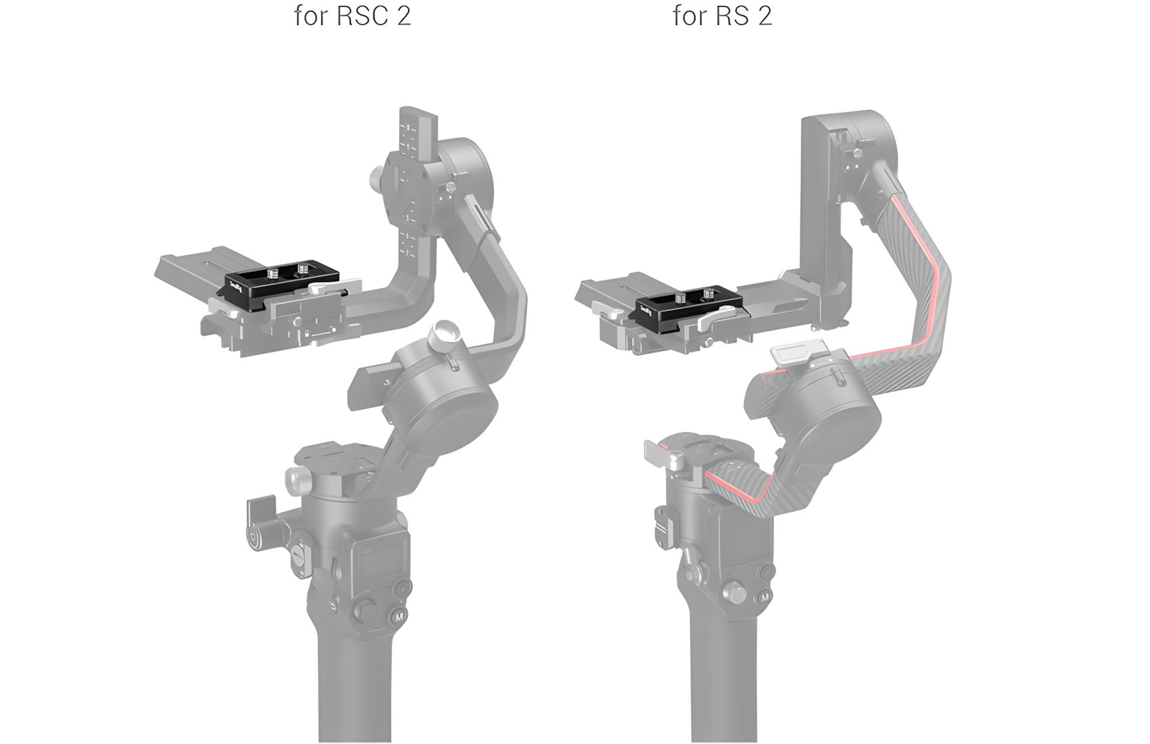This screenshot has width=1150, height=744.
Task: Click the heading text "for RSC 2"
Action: (352, 16)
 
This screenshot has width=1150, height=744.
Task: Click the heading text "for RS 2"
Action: (722, 16)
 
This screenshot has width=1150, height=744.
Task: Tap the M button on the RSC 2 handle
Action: (399, 616)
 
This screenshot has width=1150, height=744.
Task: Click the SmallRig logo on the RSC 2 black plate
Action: (237, 284)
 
